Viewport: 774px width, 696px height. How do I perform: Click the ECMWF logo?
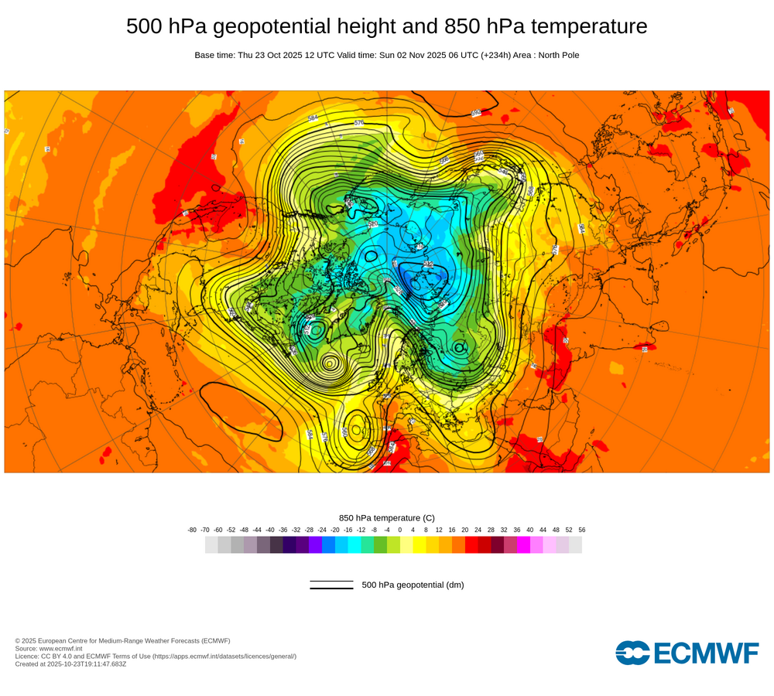(687, 653)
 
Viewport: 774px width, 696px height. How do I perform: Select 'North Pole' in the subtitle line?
(556, 55)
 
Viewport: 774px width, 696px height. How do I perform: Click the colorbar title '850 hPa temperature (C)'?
(387, 517)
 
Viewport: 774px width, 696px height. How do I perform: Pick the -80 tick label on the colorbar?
(192, 530)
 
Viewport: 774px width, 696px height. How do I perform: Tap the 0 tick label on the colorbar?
(400, 530)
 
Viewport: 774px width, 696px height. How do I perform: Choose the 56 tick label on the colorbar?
(582, 530)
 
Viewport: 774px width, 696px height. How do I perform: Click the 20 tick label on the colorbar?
(464, 530)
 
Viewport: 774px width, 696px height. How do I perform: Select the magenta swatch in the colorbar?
(523, 545)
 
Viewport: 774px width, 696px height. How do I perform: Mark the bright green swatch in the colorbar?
(380, 545)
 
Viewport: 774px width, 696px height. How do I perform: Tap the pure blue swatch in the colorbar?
(328, 545)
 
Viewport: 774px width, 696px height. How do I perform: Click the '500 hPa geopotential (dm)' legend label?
(413, 585)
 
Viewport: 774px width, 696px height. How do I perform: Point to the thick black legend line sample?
(331, 589)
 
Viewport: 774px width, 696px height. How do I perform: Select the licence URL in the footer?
(224, 656)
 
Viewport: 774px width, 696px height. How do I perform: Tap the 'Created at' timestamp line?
(70, 664)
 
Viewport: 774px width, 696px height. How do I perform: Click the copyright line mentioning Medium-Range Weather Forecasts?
(122, 640)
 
